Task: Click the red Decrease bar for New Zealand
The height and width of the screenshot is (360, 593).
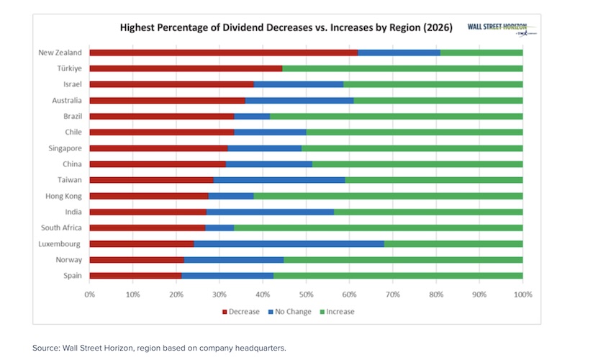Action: point(223,53)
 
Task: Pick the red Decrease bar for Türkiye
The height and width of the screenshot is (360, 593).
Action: point(186,68)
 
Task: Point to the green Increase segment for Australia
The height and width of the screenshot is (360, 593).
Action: point(438,100)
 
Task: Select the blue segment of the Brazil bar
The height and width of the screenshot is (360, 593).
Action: point(252,116)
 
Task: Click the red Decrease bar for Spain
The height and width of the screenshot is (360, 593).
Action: point(135,275)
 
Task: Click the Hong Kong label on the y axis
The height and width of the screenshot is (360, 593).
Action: point(65,196)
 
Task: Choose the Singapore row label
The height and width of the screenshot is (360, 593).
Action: point(65,148)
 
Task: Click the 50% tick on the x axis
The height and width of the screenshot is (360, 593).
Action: point(306,294)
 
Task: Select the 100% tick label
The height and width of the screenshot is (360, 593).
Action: point(522,294)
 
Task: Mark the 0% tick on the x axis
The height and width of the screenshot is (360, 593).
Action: point(89,294)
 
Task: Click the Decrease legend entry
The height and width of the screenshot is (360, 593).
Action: point(244,312)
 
